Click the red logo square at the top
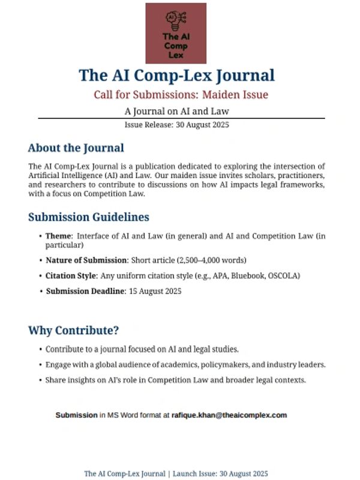point(176,33)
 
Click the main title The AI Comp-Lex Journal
point(177,76)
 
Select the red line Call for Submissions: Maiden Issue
point(181,95)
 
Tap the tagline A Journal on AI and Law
point(177,111)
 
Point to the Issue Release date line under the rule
point(177,125)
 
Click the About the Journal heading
point(76,148)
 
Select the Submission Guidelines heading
point(88,217)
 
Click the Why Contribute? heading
point(73,331)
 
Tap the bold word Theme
point(59,236)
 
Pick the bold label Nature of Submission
point(86,260)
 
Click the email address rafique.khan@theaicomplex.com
point(229,415)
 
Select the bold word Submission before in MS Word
point(76,415)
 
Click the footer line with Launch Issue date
point(176,473)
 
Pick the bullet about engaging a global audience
point(185,364)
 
